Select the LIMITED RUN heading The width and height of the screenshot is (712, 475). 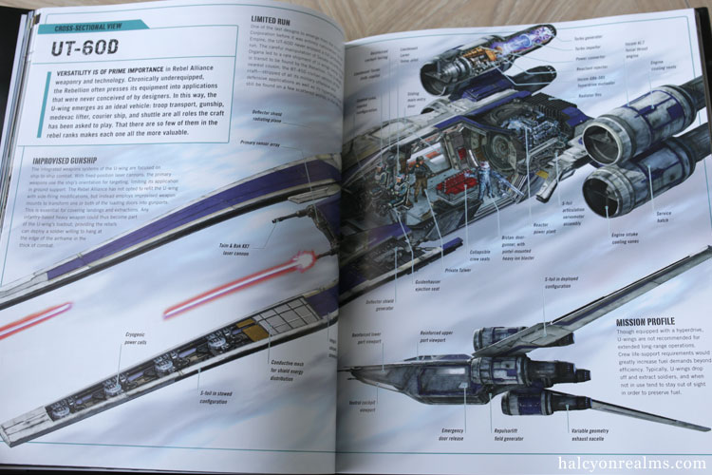276,19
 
